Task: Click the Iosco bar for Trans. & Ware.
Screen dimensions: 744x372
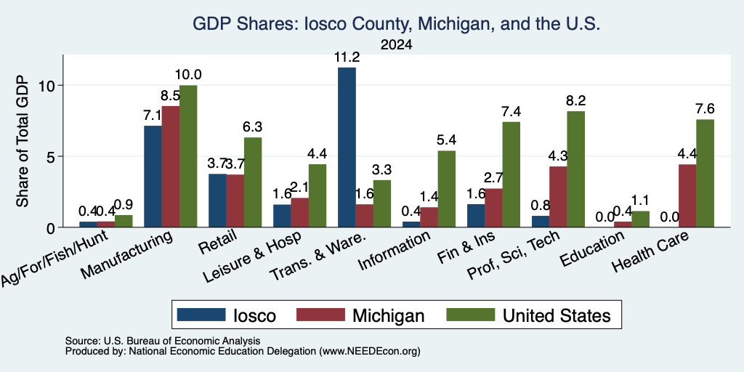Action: pos(347,147)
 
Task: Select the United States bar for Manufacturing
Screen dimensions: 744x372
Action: pos(188,156)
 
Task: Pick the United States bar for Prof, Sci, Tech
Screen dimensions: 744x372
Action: pos(576,169)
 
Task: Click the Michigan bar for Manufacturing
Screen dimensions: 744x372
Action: pos(170,166)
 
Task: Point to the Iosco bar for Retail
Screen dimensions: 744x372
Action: pos(217,201)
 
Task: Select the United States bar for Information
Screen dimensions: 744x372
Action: pos(447,189)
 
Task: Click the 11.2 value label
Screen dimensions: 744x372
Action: pos(347,57)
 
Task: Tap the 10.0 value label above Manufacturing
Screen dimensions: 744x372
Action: pos(188,75)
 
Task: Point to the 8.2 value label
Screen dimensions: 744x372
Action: pos(576,100)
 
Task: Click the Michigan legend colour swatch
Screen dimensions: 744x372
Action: pos(320,315)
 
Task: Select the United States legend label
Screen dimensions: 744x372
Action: pos(557,315)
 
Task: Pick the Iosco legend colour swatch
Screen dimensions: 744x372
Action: pos(201,315)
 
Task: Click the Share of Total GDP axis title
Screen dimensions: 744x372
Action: pos(23,141)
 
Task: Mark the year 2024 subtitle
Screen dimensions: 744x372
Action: pos(396,44)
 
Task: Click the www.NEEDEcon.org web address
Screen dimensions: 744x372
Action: pos(370,352)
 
